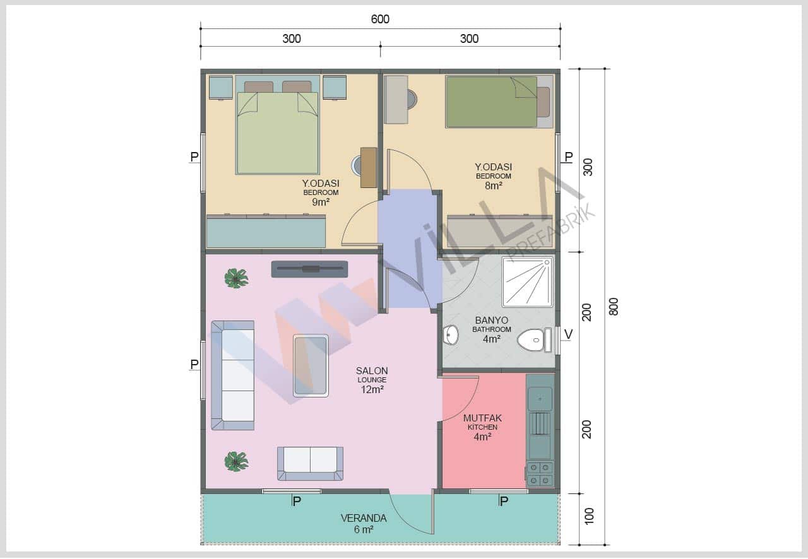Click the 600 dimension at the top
[380, 19]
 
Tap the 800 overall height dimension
[613, 307]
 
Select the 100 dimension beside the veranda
[588, 516]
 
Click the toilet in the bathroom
[534, 339]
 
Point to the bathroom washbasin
[451, 335]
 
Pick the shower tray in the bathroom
[527, 282]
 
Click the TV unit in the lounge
[309, 269]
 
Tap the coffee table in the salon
[311, 366]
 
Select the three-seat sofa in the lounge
[233, 375]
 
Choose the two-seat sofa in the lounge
[310, 464]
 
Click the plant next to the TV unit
[236, 278]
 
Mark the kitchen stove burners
[540, 474]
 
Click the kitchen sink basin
[540, 399]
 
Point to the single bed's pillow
[544, 102]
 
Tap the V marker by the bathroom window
[568, 334]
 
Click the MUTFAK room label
[482, 418]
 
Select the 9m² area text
[321, 202]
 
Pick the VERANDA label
[364, 518]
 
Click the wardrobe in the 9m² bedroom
[266, 232]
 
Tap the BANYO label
[491, 321]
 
